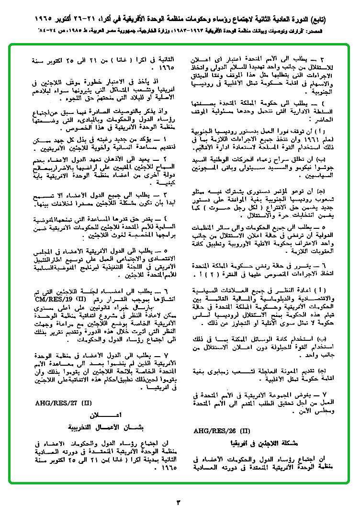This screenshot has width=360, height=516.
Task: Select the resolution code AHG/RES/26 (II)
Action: point(222,430)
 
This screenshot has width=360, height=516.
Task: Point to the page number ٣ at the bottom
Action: point(180,502)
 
